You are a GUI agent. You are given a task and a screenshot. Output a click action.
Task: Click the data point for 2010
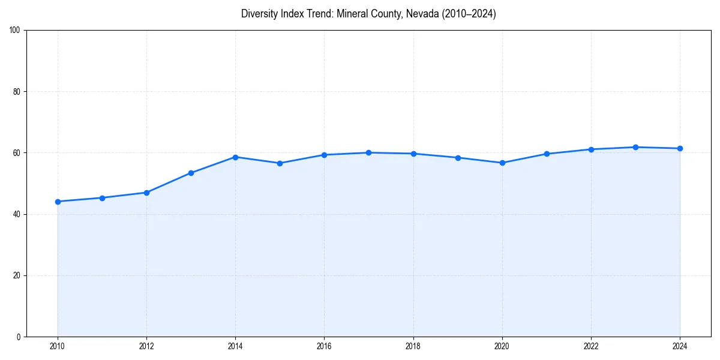[58, 202]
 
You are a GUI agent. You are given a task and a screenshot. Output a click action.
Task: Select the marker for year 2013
[191, 173]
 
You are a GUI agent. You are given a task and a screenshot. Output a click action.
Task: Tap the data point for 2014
[235, 157]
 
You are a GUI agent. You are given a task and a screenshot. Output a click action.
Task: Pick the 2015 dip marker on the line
[280, 163]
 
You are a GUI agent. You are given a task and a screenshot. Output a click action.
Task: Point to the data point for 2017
[368, 152]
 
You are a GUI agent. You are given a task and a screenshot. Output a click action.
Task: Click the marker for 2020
[502, 163]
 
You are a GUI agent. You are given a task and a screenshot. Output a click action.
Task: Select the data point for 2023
[635, 147]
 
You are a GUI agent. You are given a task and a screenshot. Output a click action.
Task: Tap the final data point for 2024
[680, 148]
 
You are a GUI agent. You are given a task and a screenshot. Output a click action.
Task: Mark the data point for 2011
[102, 198]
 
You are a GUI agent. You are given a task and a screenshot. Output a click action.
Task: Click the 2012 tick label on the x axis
[146, 346]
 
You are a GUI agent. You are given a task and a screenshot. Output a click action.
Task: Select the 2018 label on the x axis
[413, 346]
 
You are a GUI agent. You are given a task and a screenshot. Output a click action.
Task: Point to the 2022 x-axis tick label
[591, 346]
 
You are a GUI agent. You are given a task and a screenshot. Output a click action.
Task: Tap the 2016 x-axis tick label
[324, 346]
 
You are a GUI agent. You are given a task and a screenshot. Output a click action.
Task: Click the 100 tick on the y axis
[15, 30]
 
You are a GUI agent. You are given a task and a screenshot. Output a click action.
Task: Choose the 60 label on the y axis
[17, 153]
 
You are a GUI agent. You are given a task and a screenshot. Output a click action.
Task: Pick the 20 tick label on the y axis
[17, 275]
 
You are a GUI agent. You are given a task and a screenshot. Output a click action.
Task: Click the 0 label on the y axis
[19, 337]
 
